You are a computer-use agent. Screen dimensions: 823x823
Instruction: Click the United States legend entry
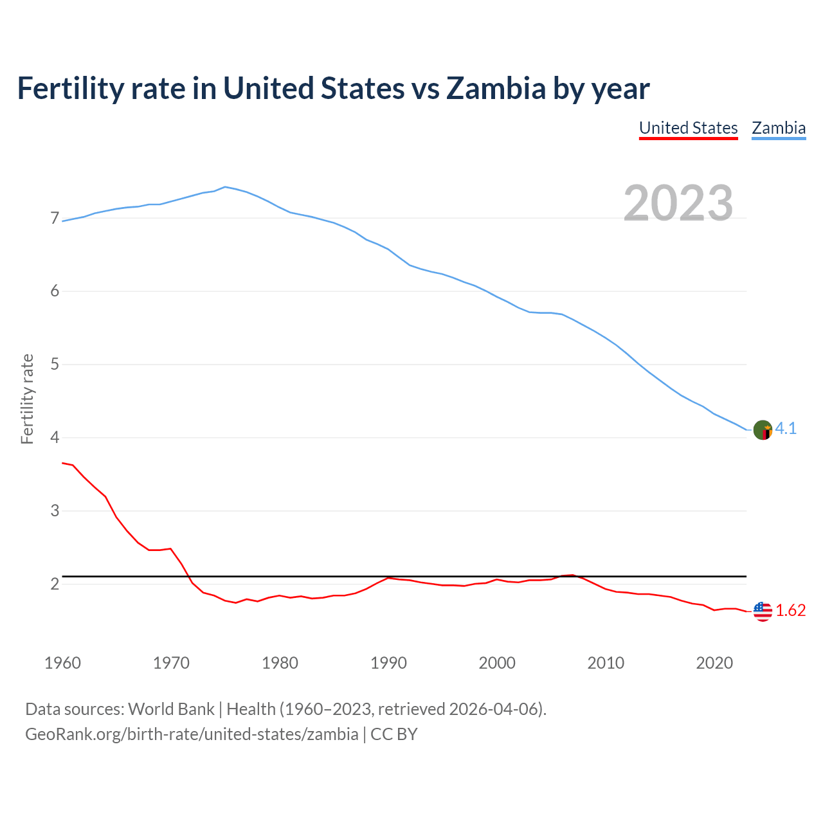tap(688, 128)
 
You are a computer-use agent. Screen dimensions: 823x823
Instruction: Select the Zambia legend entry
tap(779, 128)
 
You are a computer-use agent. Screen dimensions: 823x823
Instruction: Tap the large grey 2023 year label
tap(678, 203)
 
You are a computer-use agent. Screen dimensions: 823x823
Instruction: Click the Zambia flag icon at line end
tap(763, 430)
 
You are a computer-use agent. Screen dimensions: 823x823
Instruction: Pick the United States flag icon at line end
tap(763, 611)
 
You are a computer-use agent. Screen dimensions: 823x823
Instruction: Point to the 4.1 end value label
tap(786, 429)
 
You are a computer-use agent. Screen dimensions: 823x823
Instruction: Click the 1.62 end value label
tap(790, 611)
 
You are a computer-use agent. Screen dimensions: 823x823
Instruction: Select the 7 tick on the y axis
tap(55, 219)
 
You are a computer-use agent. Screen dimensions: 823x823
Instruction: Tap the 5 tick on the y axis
tap(55, 365)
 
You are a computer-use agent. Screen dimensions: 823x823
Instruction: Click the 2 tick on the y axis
tap(55, 584)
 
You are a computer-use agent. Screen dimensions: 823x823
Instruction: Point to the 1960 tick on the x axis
tap(62, 663)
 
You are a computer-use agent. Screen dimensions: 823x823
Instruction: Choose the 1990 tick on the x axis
tap(388, 663)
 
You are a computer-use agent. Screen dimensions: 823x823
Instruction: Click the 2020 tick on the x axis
tap(714, 663)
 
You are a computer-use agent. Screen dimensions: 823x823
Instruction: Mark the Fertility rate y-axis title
tap(27, 399)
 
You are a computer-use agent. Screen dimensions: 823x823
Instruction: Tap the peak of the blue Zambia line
tap(224, 186)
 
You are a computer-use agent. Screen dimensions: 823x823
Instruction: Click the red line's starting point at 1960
tap(63, 463)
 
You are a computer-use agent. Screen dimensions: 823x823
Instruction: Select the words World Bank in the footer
tap(171, 709)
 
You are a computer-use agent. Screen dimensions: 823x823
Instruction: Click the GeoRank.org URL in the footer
tap(192, 734)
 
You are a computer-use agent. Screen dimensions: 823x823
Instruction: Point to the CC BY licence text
tap(394, 734)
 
